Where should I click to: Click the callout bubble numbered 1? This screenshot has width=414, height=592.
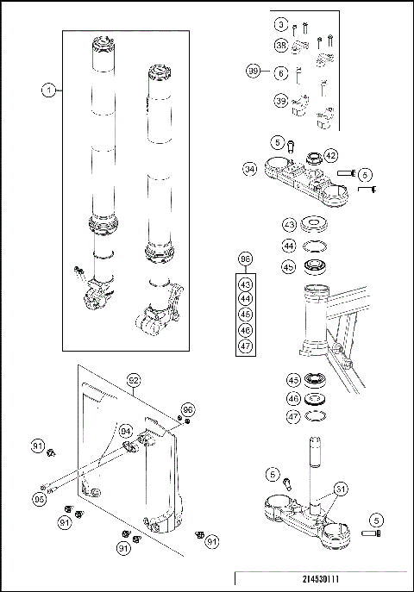[x=49, y=89]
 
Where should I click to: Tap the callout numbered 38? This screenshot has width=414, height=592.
[x=281, y=45]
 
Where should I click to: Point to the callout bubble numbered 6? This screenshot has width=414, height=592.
[x=281, y=74]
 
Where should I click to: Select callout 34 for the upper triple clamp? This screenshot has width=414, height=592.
[x=249, y=169]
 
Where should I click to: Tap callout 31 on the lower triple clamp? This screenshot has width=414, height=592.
[x=342, y=489]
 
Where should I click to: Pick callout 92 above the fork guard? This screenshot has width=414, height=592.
[x=133, y=378]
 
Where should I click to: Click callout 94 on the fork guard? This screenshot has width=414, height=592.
[x=124, y=429]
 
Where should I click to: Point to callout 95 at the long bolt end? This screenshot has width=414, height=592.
[x=40, y=497]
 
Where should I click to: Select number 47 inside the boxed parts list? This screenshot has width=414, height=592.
[x=245, y=346]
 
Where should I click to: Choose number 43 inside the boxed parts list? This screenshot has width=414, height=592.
[x=245, y=284]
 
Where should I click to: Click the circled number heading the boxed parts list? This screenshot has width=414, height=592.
[x=245, y=259]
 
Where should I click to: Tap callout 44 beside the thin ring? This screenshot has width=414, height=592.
[x=290, y=246]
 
